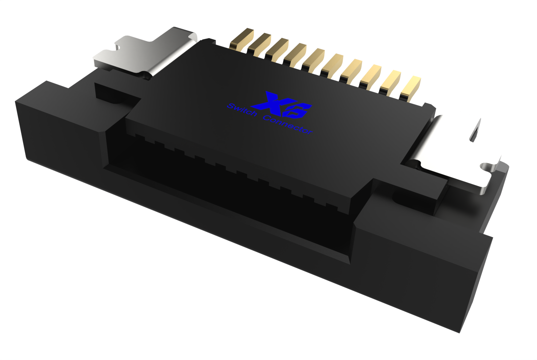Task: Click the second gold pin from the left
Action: pyautogui.click(x=259, y=44)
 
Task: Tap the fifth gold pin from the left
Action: pyautogui.click(x=314, y=59)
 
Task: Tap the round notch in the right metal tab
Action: pyautogui.click(x=485, y=166)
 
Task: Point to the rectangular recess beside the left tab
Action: pyautogui.click(x=114, y=92)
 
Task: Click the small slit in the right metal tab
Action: pyautogui.click(x=475, y=133)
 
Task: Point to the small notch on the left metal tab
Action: pyautogui.click(x=117, y=47)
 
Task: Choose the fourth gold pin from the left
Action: pyautogui.click(x=295, y=54)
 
